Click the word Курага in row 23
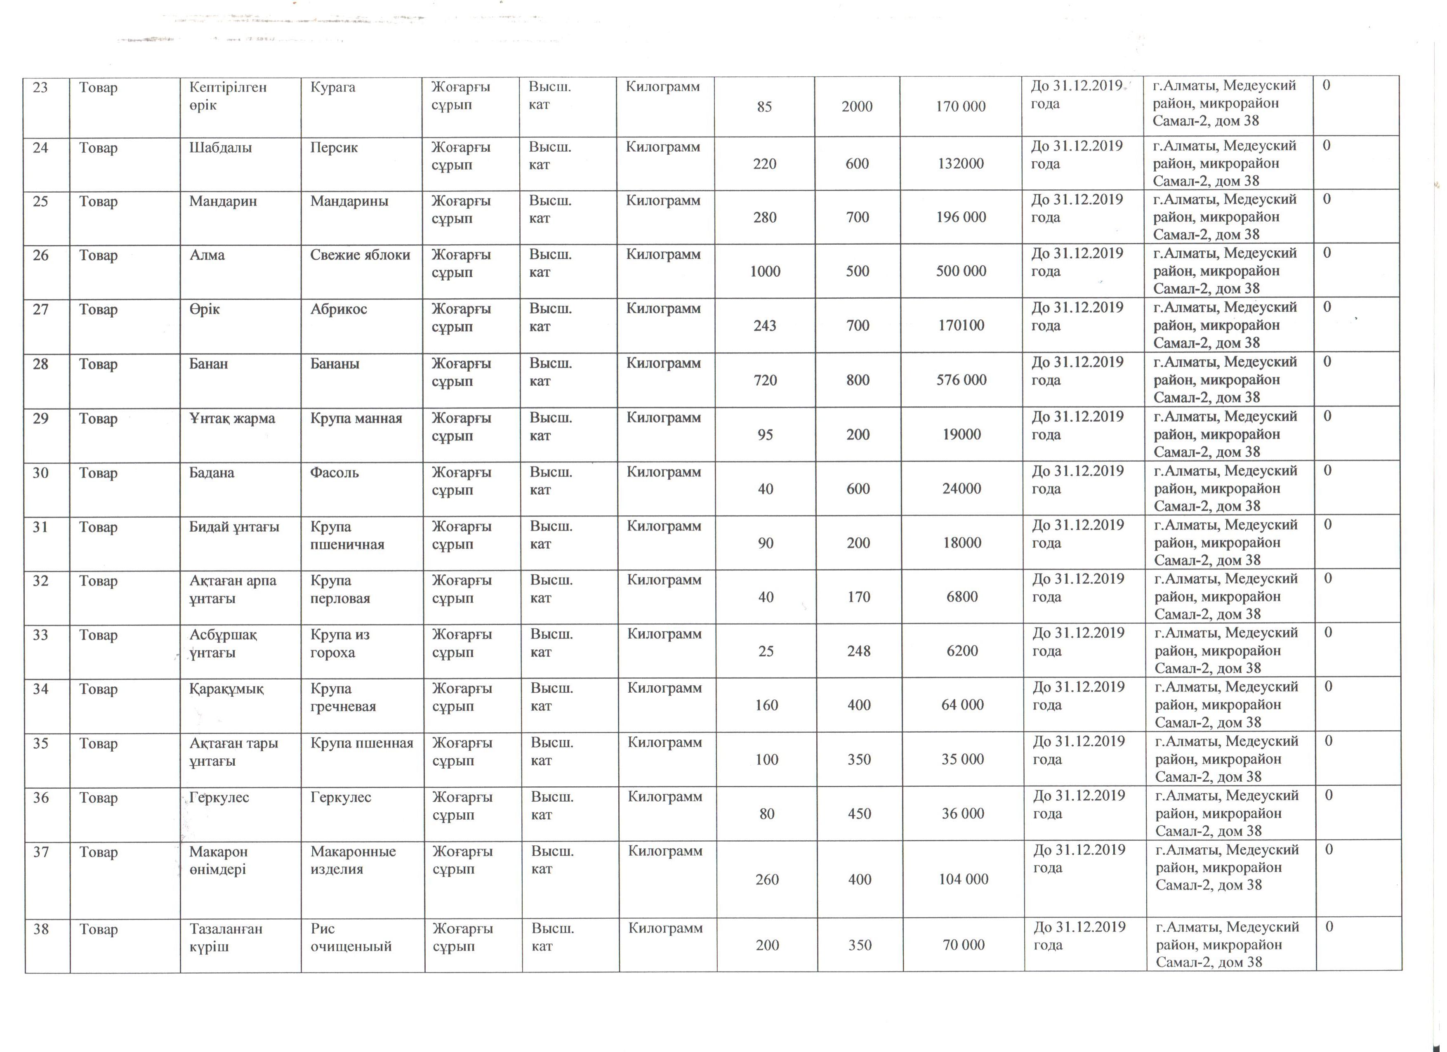coord(332,87)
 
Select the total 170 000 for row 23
coord(960,106)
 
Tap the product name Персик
coord(334,147)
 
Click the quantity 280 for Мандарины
coord(764,217)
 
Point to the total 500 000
coord(961,271)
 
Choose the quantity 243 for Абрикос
coord(764,326)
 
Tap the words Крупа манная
coord(356,418)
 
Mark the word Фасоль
coord(334,473)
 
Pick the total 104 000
coord(963,880)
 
